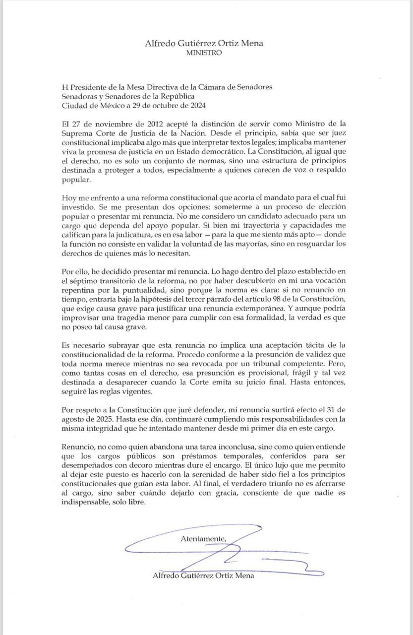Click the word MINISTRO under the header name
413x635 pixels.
tap(204, 52)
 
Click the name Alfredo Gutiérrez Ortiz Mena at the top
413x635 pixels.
tap(204, 43)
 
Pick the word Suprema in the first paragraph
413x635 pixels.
tap(77, 133)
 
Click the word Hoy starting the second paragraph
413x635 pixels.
tap(69, 197)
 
